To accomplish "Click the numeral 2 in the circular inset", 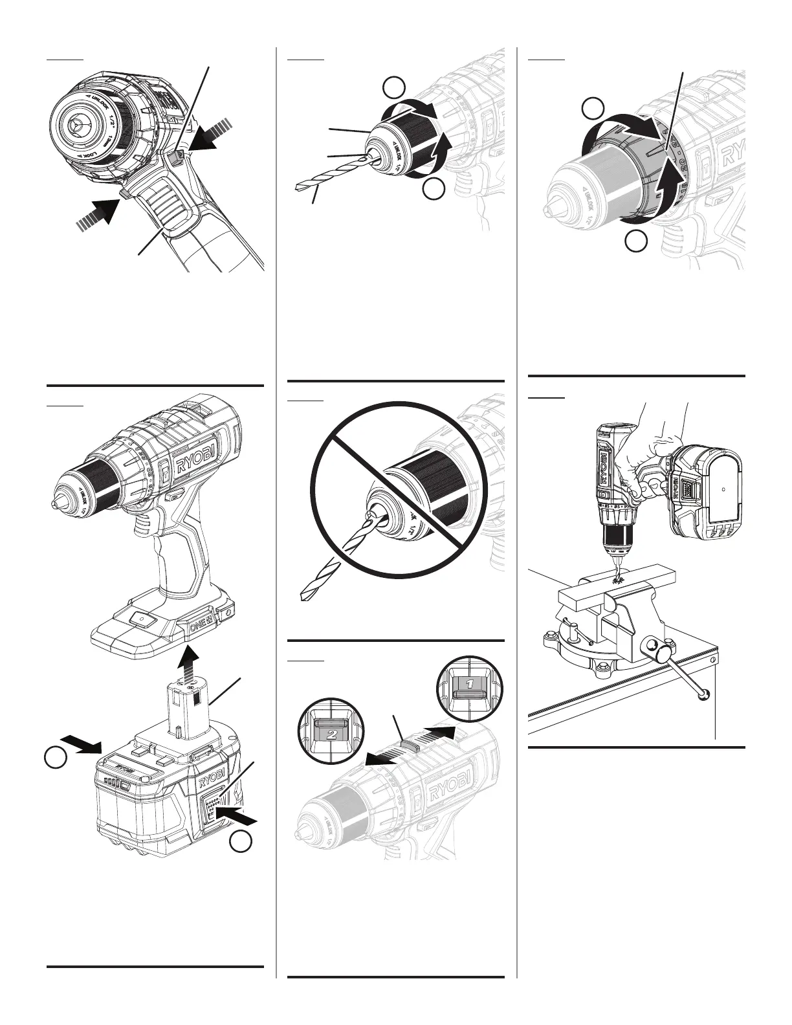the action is pyautogui.click(x=331, y=734).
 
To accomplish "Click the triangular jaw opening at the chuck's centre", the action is pyautogui.click(x=78, y=124).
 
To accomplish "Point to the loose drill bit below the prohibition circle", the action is pyautogui.click(x=320, y=580).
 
